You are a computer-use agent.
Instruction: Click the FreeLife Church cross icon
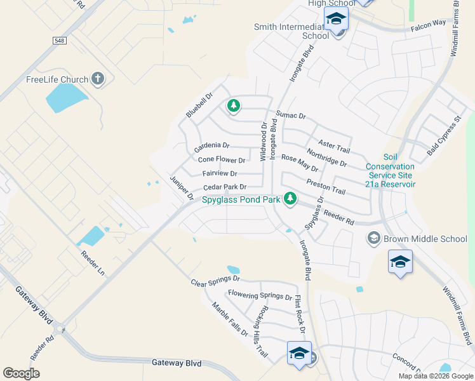(97, 79)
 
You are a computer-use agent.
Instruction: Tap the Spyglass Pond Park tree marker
(290, 199)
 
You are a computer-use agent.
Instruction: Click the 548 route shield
(59, 40)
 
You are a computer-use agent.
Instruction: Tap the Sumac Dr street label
(291, 116)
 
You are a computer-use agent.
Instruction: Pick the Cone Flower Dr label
(222, 160)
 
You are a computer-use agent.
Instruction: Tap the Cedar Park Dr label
(224, 187)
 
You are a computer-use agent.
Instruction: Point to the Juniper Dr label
(182, 188)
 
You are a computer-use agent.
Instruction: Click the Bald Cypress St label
(443, 136)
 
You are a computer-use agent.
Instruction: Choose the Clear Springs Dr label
(215, 279)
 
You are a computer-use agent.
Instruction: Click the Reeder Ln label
(93, 262)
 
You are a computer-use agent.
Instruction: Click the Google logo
(21, 373)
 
